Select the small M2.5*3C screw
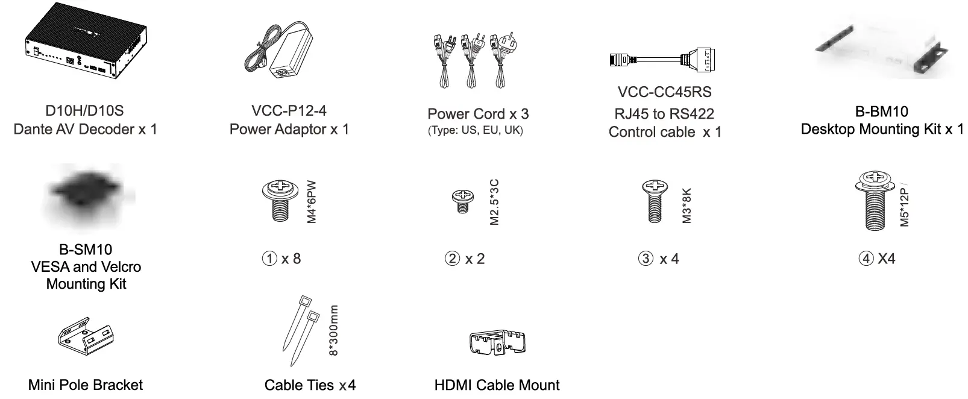463,201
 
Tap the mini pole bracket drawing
84,341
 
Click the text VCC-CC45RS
664,92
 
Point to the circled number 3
646,259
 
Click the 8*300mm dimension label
335,330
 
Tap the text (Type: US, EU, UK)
476,131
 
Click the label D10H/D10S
84,111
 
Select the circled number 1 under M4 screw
269,259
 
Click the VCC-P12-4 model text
289,111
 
